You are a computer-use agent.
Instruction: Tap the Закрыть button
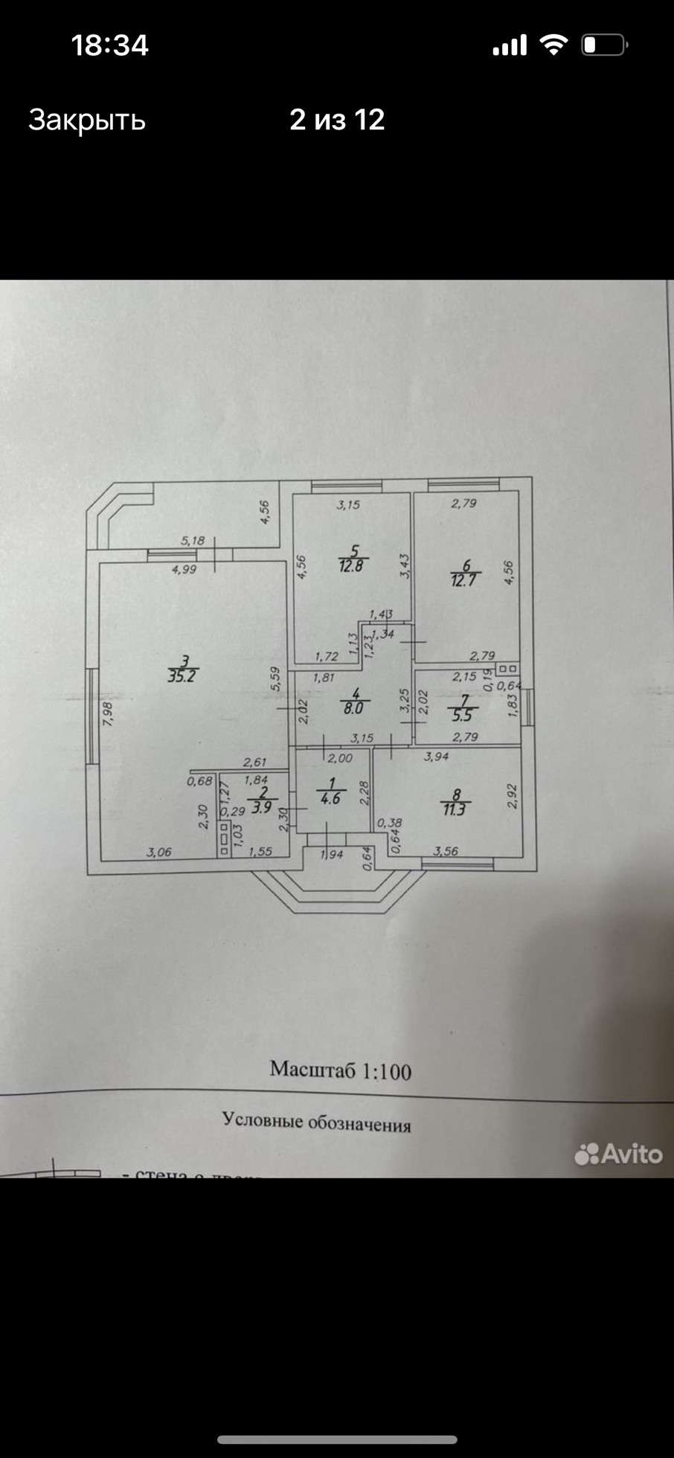(87, 120)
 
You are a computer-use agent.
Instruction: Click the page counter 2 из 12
(337, 120)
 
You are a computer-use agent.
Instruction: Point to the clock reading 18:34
(110, 45)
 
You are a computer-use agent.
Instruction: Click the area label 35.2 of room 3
(184, 676)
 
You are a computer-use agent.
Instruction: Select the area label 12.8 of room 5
(353, 565)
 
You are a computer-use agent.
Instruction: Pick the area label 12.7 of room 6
(463, 580)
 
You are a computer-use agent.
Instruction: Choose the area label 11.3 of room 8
(454, 809)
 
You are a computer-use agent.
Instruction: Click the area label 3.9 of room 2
(261, 807)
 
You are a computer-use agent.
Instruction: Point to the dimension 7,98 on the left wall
(109, 715)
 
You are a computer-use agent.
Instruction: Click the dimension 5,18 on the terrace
(193, 541)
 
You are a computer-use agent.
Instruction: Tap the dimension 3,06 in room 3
(159, 852)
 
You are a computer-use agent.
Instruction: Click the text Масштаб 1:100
(340, 1070)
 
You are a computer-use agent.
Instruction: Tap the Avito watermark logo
(618, 1154)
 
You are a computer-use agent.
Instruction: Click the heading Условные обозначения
(317, 1122)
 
